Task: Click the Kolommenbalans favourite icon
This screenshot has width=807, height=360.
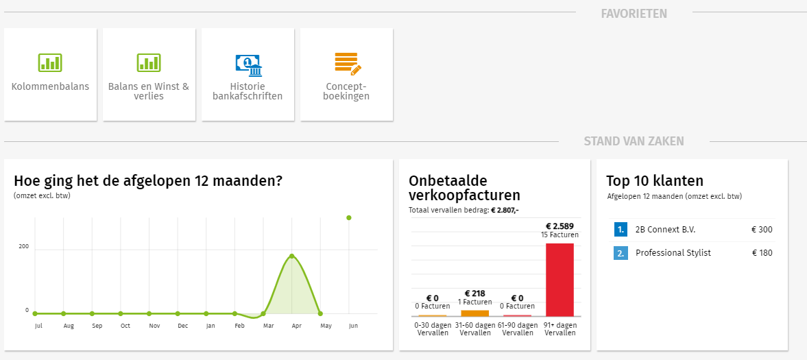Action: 50,63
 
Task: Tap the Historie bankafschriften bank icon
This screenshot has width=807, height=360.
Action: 248,64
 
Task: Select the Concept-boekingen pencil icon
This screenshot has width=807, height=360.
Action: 347,64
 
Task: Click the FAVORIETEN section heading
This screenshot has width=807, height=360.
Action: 634,14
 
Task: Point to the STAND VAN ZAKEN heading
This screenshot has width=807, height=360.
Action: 634,141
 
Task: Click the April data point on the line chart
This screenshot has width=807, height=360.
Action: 292,256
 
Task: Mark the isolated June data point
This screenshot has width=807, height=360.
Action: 349,218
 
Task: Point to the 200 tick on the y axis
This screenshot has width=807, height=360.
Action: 23,246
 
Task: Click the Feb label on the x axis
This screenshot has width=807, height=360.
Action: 239,326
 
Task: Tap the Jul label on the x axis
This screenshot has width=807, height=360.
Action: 38,326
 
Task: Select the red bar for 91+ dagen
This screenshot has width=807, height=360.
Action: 559,279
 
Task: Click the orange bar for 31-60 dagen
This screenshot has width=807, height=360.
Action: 474,313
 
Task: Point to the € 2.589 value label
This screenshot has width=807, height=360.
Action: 559,226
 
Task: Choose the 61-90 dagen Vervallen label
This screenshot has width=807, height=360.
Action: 517,328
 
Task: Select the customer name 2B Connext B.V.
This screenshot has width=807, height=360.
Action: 665,230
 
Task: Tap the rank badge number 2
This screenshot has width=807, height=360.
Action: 621,253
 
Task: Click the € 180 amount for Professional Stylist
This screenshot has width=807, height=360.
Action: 762,253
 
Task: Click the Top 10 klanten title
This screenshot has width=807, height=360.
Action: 655,181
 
